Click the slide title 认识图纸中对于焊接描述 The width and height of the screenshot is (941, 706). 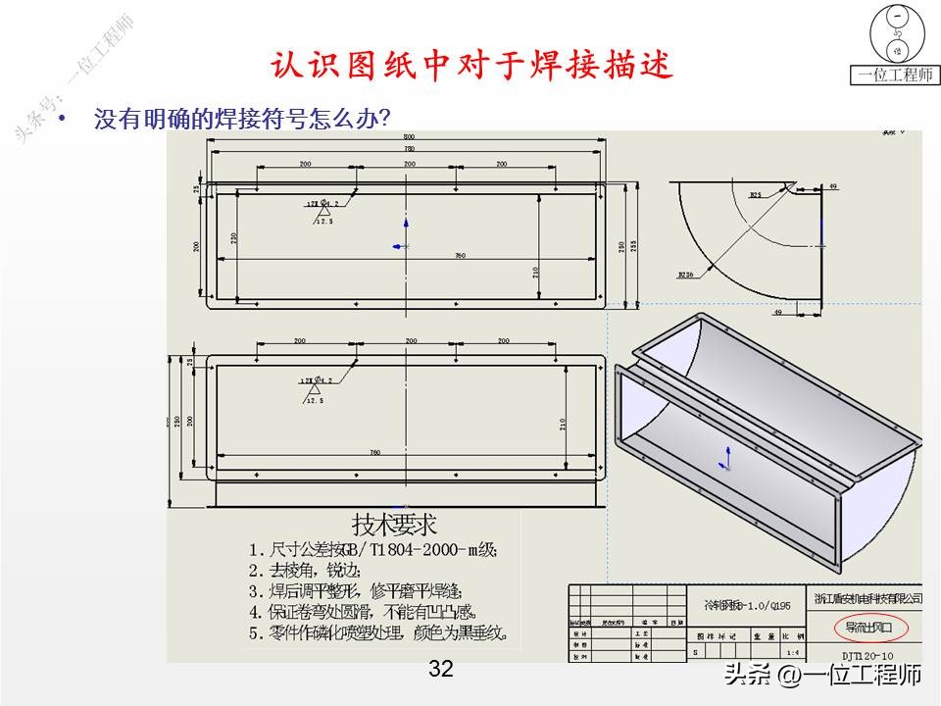click(x=472, y=66)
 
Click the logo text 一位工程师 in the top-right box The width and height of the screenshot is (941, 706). click(x=895, y=75)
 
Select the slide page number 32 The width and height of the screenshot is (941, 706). click(x=441, y=670)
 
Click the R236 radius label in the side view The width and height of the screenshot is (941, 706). click(x=685, y=276)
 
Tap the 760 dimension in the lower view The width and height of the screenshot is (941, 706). click(x=374, y=453)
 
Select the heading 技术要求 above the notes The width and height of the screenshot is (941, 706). click(x=395, y=524)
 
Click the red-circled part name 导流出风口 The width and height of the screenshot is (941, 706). click(x=869, y=626)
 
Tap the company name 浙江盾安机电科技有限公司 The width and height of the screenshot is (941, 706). click(x=868, y=597)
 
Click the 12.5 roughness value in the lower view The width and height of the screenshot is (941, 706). click(x=315, y=401)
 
